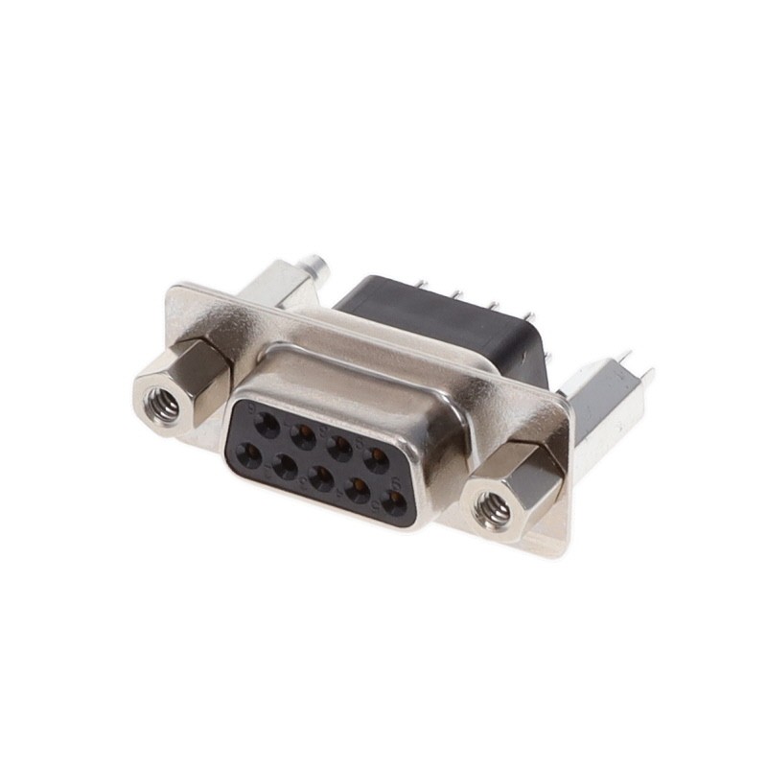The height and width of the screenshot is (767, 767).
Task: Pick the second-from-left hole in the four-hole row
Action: point(304,437)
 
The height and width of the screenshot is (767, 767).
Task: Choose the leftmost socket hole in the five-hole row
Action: point(249,454)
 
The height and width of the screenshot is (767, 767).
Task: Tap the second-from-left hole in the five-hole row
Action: point(285,467)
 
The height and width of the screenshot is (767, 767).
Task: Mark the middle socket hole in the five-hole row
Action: point(321,478)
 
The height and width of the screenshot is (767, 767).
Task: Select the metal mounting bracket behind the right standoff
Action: point(602,403)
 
